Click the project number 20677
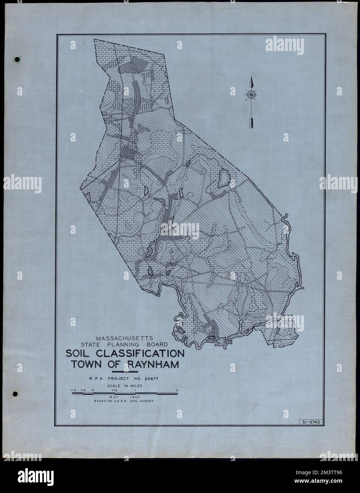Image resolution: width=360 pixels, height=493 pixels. click(151, 379)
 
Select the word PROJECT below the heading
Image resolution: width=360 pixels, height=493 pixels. click(118, 379)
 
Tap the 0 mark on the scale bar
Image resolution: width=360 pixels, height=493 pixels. click(93, 390)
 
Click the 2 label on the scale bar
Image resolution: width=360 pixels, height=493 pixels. click(176, 390)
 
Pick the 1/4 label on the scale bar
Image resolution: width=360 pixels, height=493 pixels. click(83, 390)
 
